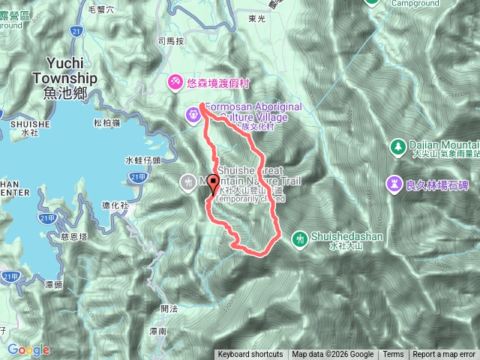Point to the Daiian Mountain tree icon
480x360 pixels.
(397, 145)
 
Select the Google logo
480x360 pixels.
(28, 349)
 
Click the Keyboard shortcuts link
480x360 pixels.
(250, 355)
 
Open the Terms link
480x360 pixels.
(393, 355)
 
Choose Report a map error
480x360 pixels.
(444, 355)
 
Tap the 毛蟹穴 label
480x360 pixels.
(100, 10)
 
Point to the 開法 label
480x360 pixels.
(169, 308)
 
